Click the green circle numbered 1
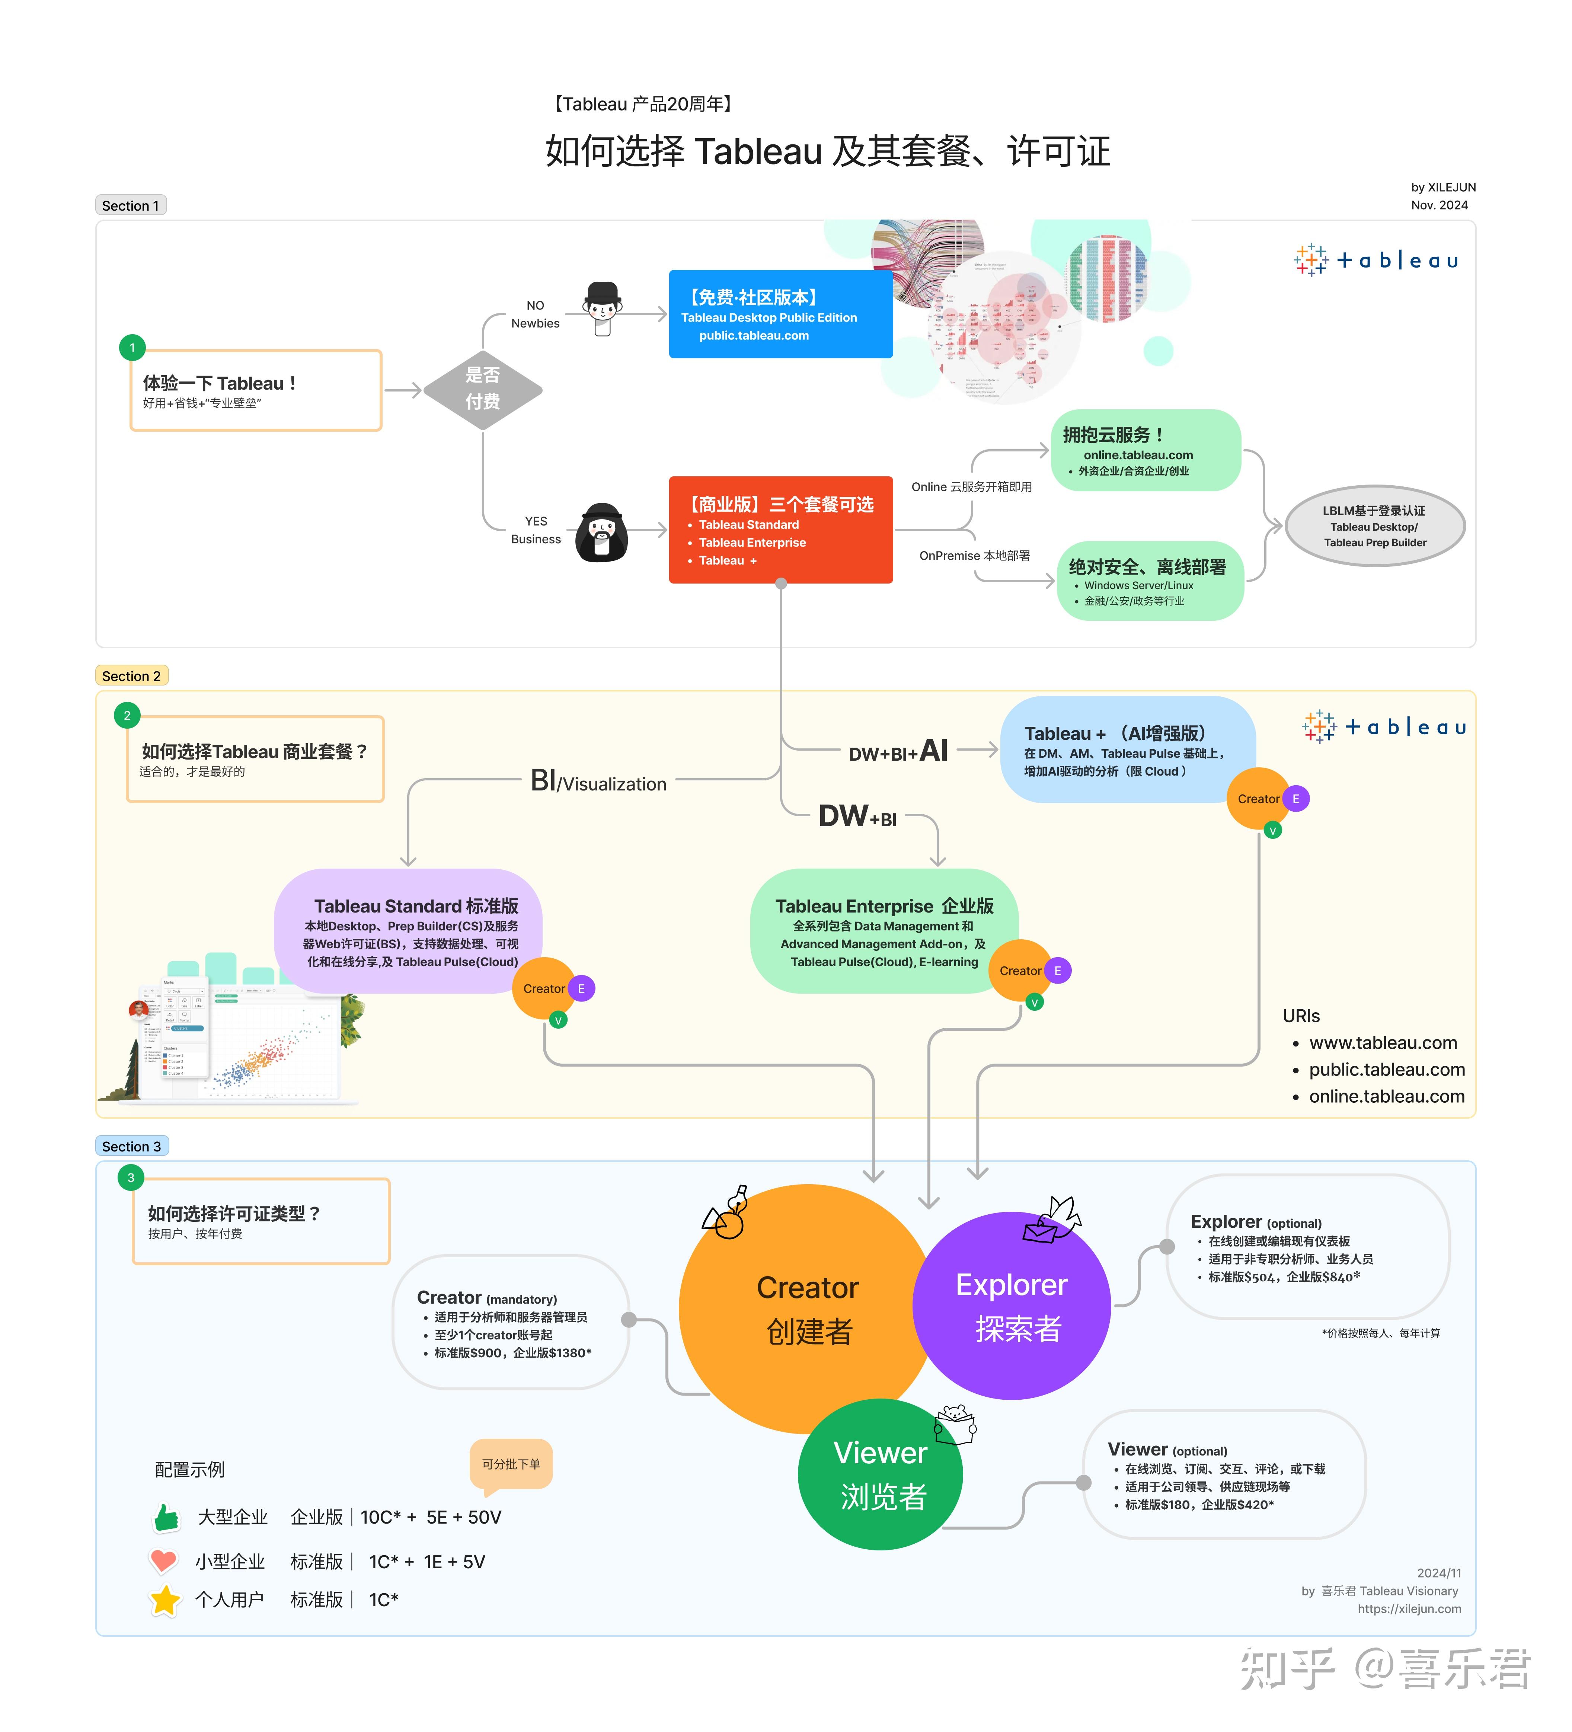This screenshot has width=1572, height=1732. (x=132, y=348)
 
